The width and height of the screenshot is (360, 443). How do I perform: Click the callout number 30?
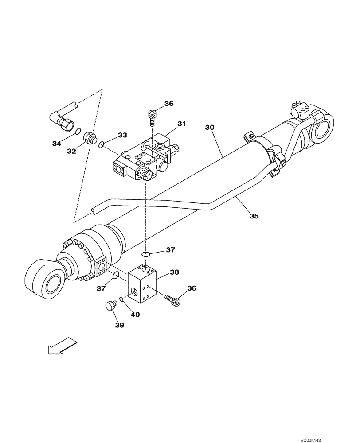(x=210, y=127)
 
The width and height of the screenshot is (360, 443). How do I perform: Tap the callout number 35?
(x=254, y=216)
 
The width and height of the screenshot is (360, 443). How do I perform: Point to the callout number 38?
(x=174, y=272)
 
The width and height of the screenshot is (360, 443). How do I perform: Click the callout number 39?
(x=120, y=325)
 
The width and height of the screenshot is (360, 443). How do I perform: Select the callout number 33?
(x=122, y=135)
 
